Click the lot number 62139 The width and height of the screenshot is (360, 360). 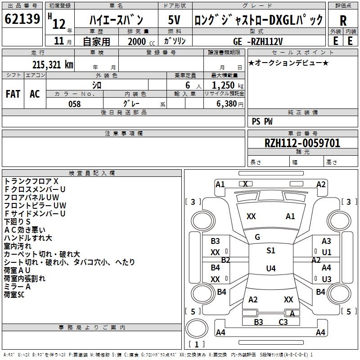point(22,19)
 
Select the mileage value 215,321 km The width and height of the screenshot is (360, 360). point(53,65)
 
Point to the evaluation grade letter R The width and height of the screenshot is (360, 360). point(343,21)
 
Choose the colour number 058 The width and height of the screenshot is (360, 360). point(74,103)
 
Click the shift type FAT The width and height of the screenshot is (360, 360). point(13,94)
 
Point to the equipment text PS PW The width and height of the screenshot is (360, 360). point(262,121)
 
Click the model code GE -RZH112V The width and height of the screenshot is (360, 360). point(258,41)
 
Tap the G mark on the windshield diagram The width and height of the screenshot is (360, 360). point(257,237)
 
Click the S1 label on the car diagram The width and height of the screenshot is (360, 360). point(270,251)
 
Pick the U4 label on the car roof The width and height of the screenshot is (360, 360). point(270,269)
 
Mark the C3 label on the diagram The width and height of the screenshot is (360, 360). point(283,322)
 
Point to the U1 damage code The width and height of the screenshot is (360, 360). point(327,252)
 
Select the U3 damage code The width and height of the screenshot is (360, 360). point(327,279)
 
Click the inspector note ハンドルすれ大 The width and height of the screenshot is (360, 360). point(28,238)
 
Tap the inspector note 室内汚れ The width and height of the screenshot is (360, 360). point(18,246)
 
